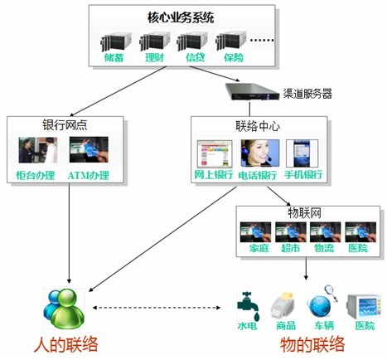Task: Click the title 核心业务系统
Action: pos(181,17)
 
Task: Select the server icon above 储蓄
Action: pos(116,41)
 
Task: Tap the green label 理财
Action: pos(155,57)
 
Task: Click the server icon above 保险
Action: pos(231,41)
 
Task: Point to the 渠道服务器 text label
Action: pos(307,94)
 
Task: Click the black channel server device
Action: pos(252,91)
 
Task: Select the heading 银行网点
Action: pos(65,125)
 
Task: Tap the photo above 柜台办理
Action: pos(38,150)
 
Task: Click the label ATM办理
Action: pos(89,176)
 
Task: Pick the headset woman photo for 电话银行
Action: pos(260,153)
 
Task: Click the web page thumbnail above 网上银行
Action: pos(215,153)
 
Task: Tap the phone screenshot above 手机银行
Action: pos(302,153)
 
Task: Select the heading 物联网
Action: pos(304,213)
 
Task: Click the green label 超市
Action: pos(291,248)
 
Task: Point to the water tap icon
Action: pos(248,305)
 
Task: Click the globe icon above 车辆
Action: pos(320,306)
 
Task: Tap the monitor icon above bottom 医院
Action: pos(364,307)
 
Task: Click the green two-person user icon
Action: pos(64,309)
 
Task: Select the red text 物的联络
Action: pos(312,345)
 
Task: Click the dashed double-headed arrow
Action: pos(157,308)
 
